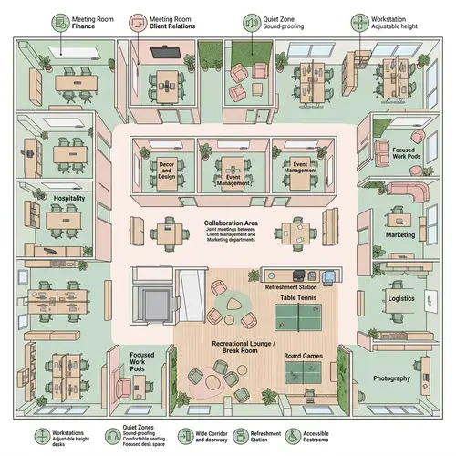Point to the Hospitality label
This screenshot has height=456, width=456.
(69, 198)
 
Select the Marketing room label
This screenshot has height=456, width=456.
(399, 234)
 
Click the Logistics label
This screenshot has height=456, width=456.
(401, 298)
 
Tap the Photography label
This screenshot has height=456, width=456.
(391, 378)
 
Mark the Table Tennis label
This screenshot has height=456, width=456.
(299, 298)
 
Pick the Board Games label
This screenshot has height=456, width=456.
(304, 356)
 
